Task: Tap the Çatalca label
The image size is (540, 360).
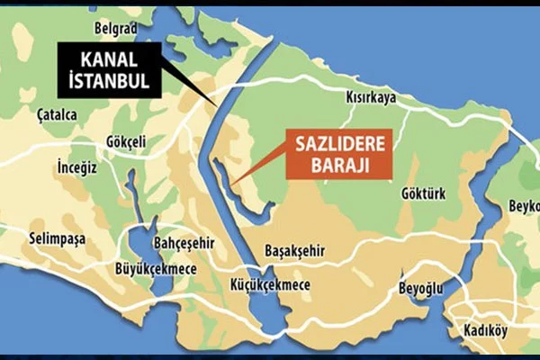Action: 57,114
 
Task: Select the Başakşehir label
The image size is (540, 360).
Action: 294,250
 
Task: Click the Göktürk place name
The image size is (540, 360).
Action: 420,193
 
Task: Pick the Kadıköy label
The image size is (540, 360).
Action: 485,331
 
